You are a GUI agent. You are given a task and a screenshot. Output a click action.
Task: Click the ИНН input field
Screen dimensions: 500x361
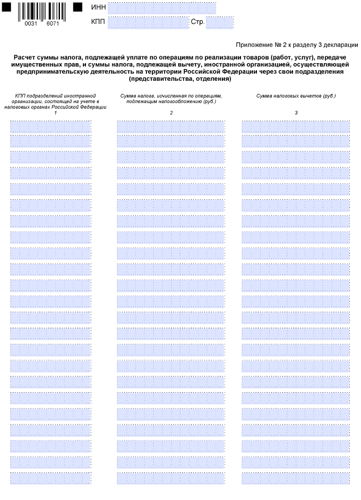(161, 8)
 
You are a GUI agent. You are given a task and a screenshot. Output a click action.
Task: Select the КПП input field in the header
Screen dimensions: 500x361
(148, 23)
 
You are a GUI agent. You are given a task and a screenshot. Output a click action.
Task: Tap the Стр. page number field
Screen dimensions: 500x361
(220, 23)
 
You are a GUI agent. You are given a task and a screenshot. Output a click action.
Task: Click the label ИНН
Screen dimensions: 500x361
(99, 8)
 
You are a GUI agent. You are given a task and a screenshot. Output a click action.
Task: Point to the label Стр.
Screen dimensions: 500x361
(197, 23)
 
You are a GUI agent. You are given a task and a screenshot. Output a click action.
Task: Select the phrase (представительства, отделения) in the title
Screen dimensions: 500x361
(179, 79)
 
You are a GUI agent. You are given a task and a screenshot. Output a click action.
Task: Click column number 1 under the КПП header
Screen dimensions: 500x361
(55, 112)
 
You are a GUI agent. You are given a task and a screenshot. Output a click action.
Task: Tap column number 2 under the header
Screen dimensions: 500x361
(171, 112)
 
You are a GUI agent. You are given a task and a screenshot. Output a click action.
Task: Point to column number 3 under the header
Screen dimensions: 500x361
(296, 112)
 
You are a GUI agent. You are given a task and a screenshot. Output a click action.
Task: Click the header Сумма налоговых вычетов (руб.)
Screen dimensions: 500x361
(296, 96)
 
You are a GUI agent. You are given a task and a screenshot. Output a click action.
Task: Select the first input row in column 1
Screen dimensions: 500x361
(50, 126)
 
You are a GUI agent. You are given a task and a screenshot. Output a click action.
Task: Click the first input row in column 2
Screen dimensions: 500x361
(170, 126)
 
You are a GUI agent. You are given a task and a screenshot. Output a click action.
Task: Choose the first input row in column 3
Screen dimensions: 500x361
(296, 126)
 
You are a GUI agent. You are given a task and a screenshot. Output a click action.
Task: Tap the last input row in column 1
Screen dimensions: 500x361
(50, 478)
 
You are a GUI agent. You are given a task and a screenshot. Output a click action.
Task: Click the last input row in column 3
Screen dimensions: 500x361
(296, 478)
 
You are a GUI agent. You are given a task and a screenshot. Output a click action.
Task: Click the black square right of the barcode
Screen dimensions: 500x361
(78, 7)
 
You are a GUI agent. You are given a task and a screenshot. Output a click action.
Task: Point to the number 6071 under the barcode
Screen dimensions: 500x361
(53, 24)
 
